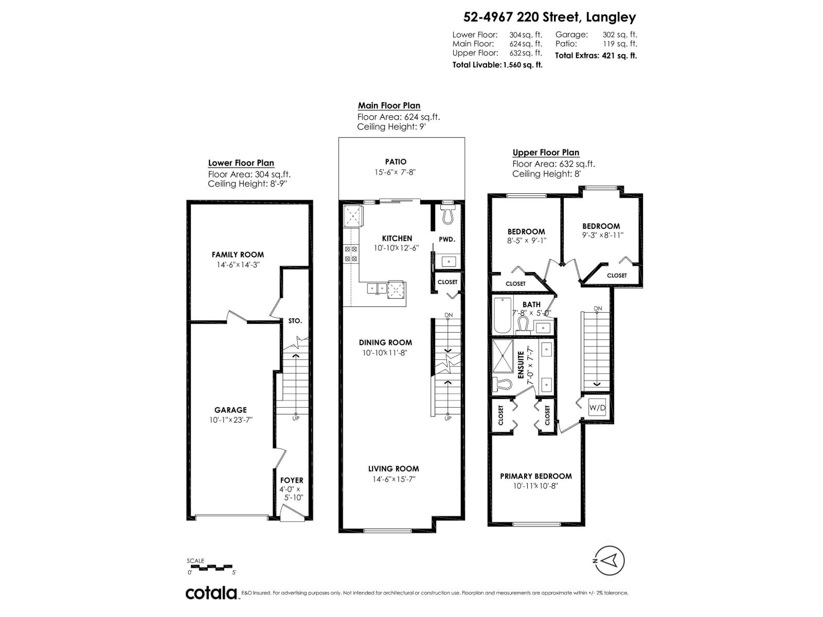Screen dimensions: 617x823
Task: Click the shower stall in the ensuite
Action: [503, 355]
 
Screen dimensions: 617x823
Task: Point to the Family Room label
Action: [238, 255]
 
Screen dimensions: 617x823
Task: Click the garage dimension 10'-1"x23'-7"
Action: [230, 420]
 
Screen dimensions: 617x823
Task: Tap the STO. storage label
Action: [295, 321]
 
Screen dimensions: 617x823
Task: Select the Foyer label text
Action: [292, 480]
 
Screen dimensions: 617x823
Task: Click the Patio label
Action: [395, 161]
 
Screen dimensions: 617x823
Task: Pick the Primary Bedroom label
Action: [536, 476]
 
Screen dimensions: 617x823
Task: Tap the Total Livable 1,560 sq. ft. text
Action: [497, 65]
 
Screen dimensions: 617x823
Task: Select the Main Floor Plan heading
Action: [389, 105]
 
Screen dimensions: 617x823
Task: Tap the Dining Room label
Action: [386, 342]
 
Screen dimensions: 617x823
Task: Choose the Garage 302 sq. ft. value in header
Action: [619, 34]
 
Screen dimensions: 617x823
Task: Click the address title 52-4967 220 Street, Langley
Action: [549, 17]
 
